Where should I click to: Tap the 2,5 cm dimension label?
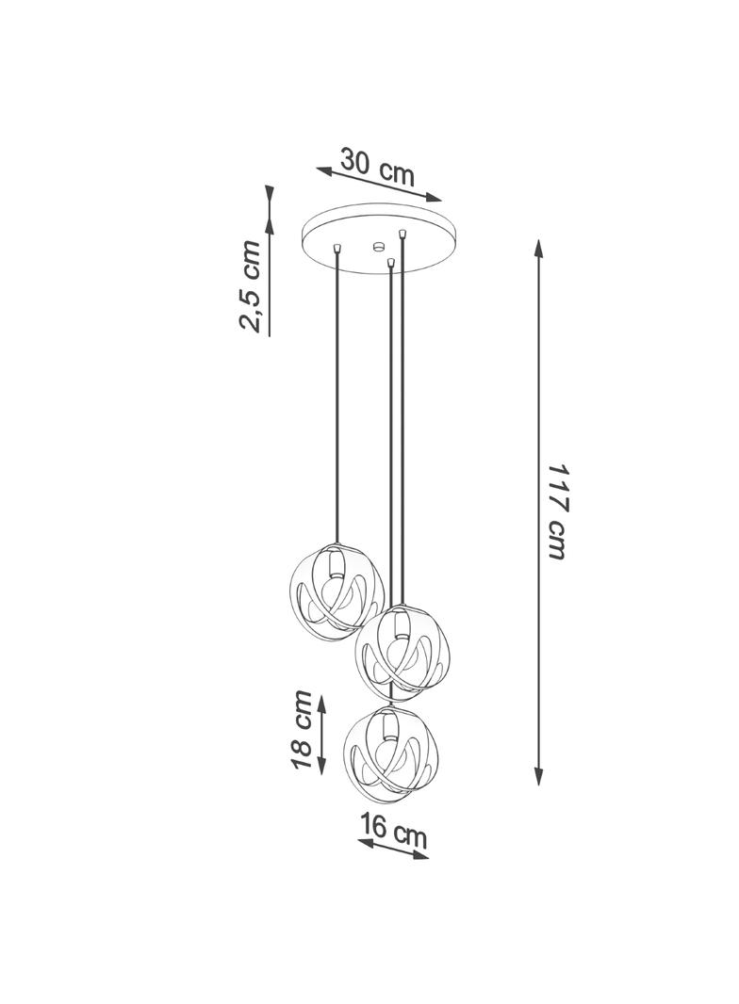point(250,286)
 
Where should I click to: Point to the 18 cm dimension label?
point(301,731)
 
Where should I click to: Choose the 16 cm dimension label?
point(393,831)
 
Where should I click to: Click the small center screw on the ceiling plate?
point(378,246)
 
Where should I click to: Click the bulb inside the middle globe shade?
point(402,652)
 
